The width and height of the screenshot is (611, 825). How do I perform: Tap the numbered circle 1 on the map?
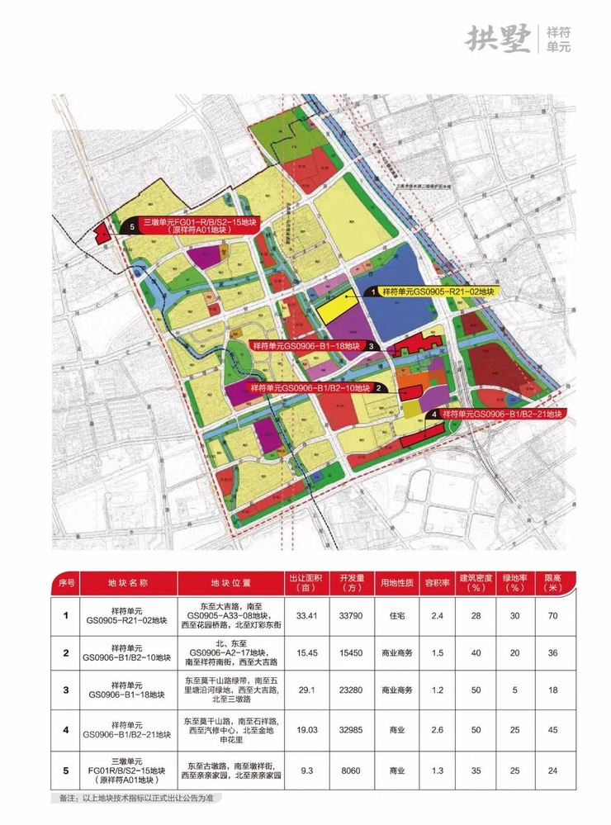pyautogui.click(x=372, y=292)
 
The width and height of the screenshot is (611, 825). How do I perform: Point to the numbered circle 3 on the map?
pyautogui.click(x=372, y=347)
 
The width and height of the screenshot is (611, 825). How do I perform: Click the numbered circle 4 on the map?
pyautogui.click(x=435, y=414)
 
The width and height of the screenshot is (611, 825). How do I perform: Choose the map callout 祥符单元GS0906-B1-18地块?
pyautogui.click(x=307, y=346)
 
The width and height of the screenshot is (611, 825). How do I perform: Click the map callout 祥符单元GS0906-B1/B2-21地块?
pyautogui.click(x=501, y=414)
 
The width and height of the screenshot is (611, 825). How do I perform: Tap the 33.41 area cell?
pyautogui.click(x=306, y=614)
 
